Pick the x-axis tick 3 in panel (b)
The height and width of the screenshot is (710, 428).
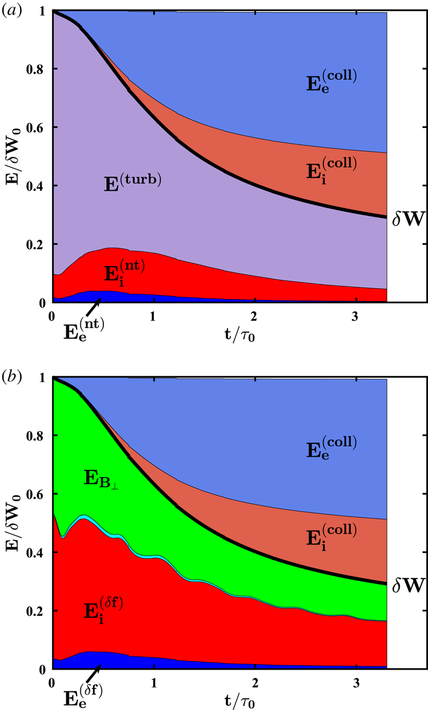coord(356,684)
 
